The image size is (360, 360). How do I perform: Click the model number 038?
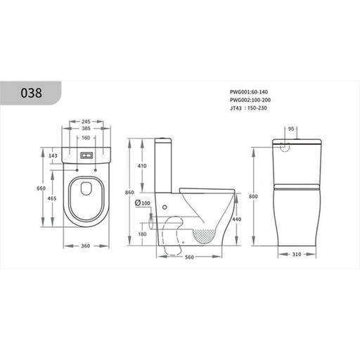(32, 93)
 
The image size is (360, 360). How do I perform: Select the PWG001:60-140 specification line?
(249, 92)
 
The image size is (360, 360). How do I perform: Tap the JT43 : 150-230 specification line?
(248, 108)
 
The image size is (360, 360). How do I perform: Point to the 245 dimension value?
(86, 122)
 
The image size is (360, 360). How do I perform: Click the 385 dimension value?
(86, 129)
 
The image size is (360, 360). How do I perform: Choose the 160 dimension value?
(86, 138)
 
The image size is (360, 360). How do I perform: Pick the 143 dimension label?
(53, 155)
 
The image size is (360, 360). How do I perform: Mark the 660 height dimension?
(41, 188)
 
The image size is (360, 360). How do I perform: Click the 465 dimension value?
(52, 198)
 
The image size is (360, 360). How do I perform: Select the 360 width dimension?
(86, 246)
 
